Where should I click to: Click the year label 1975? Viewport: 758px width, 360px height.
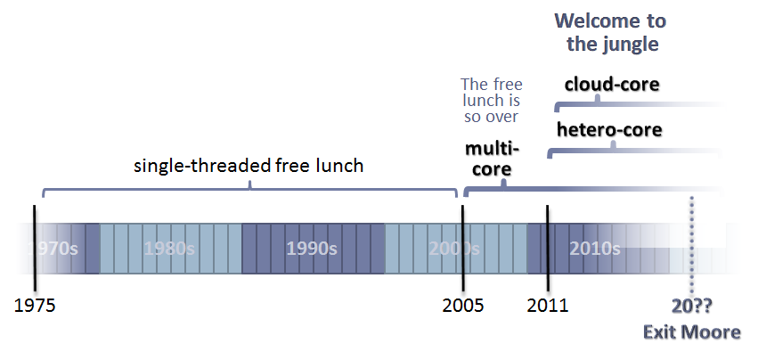point(36,306)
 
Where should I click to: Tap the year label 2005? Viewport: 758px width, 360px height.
point(463,306)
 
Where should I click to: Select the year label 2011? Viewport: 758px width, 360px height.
point(547,306)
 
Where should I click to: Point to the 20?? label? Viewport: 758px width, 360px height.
point(692,306)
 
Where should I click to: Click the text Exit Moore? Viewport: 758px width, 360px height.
point(692,332)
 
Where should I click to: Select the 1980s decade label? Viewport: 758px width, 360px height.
point(169,248)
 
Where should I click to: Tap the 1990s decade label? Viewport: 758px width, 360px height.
point(312,248)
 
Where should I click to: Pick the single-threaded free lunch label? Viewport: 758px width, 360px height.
point(249,166)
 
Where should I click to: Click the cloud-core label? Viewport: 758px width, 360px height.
point(612,85)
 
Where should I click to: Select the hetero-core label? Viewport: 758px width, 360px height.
point(609,130)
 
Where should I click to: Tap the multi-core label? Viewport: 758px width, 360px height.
point(488,158)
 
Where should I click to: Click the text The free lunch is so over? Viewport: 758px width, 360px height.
point(489,101)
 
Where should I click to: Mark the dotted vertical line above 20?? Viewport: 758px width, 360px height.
point(692,241)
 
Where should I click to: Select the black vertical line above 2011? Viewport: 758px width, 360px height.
point(547,241)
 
